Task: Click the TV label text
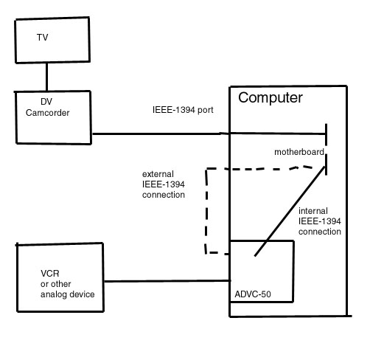click(42, 38)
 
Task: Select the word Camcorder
click(47, 113)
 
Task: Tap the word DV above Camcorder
click(46, 102)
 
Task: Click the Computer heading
click(270, 98)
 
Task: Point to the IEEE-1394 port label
click(183, 110)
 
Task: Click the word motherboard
click(299, 152)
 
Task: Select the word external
click(158, 174)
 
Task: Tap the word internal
click(313, 211)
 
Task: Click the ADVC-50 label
click(253, 294)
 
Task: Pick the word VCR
click(50, 274)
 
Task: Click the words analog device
click(68, 294)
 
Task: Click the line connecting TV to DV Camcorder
click(46, 77)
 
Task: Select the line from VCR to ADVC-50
click(167, 281)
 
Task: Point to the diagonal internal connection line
click(290, 212)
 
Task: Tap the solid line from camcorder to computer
click(209, 134)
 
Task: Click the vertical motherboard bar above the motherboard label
click(326, 134)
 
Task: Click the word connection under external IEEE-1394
click(164, 195)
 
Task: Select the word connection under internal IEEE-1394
click(320, 232)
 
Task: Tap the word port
click(206, 111)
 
